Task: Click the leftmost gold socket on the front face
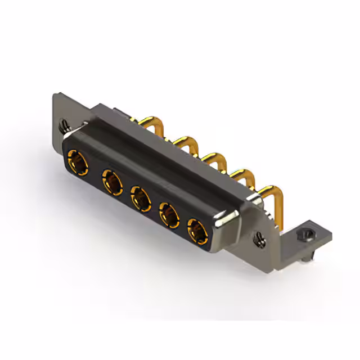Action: [x=77, y=161]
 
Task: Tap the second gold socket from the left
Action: [x=112, y=183]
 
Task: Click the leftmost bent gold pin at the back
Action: [x=149, y=122]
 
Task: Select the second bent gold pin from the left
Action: [x=181, y=141]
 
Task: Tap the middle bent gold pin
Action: [x=210, y=157]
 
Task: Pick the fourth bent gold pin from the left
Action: [x=238, y=173]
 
